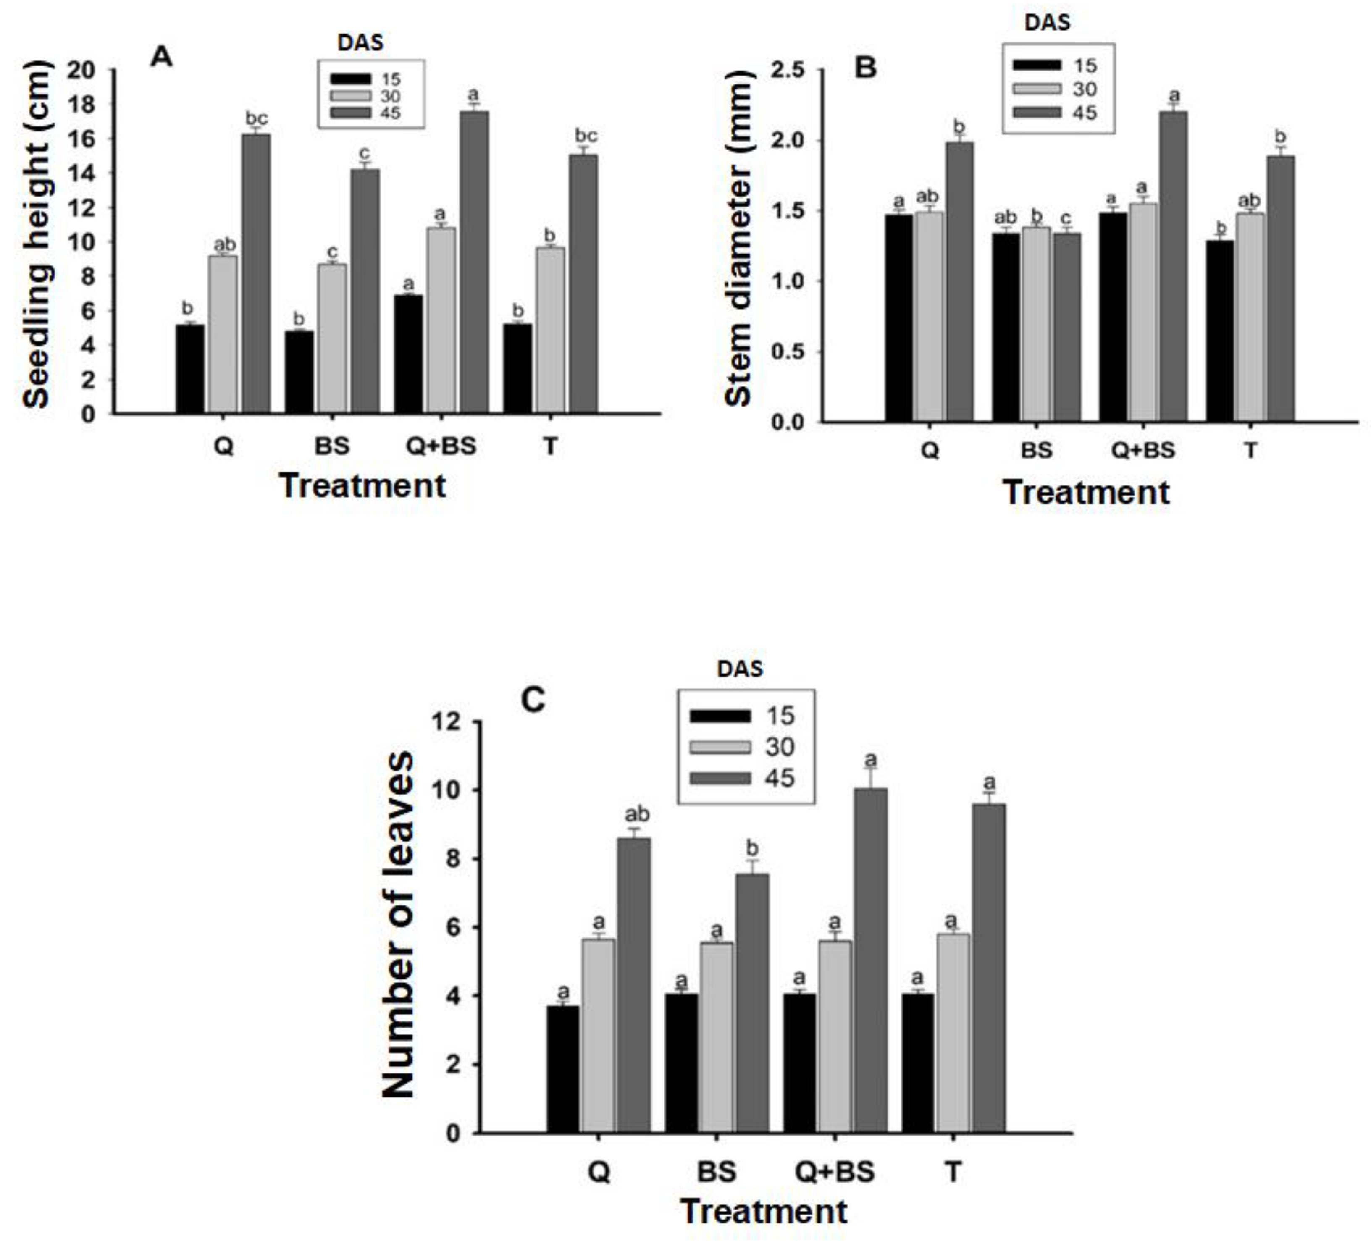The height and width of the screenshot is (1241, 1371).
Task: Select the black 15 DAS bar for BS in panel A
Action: click(299, 372)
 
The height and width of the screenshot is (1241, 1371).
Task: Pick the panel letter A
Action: click(161, 57)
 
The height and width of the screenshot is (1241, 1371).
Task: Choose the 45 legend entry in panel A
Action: click(370, 112)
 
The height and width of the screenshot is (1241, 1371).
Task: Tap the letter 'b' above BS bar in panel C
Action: click(752, 849)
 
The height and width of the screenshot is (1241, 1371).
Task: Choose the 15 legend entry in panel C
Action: click(741, 716)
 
